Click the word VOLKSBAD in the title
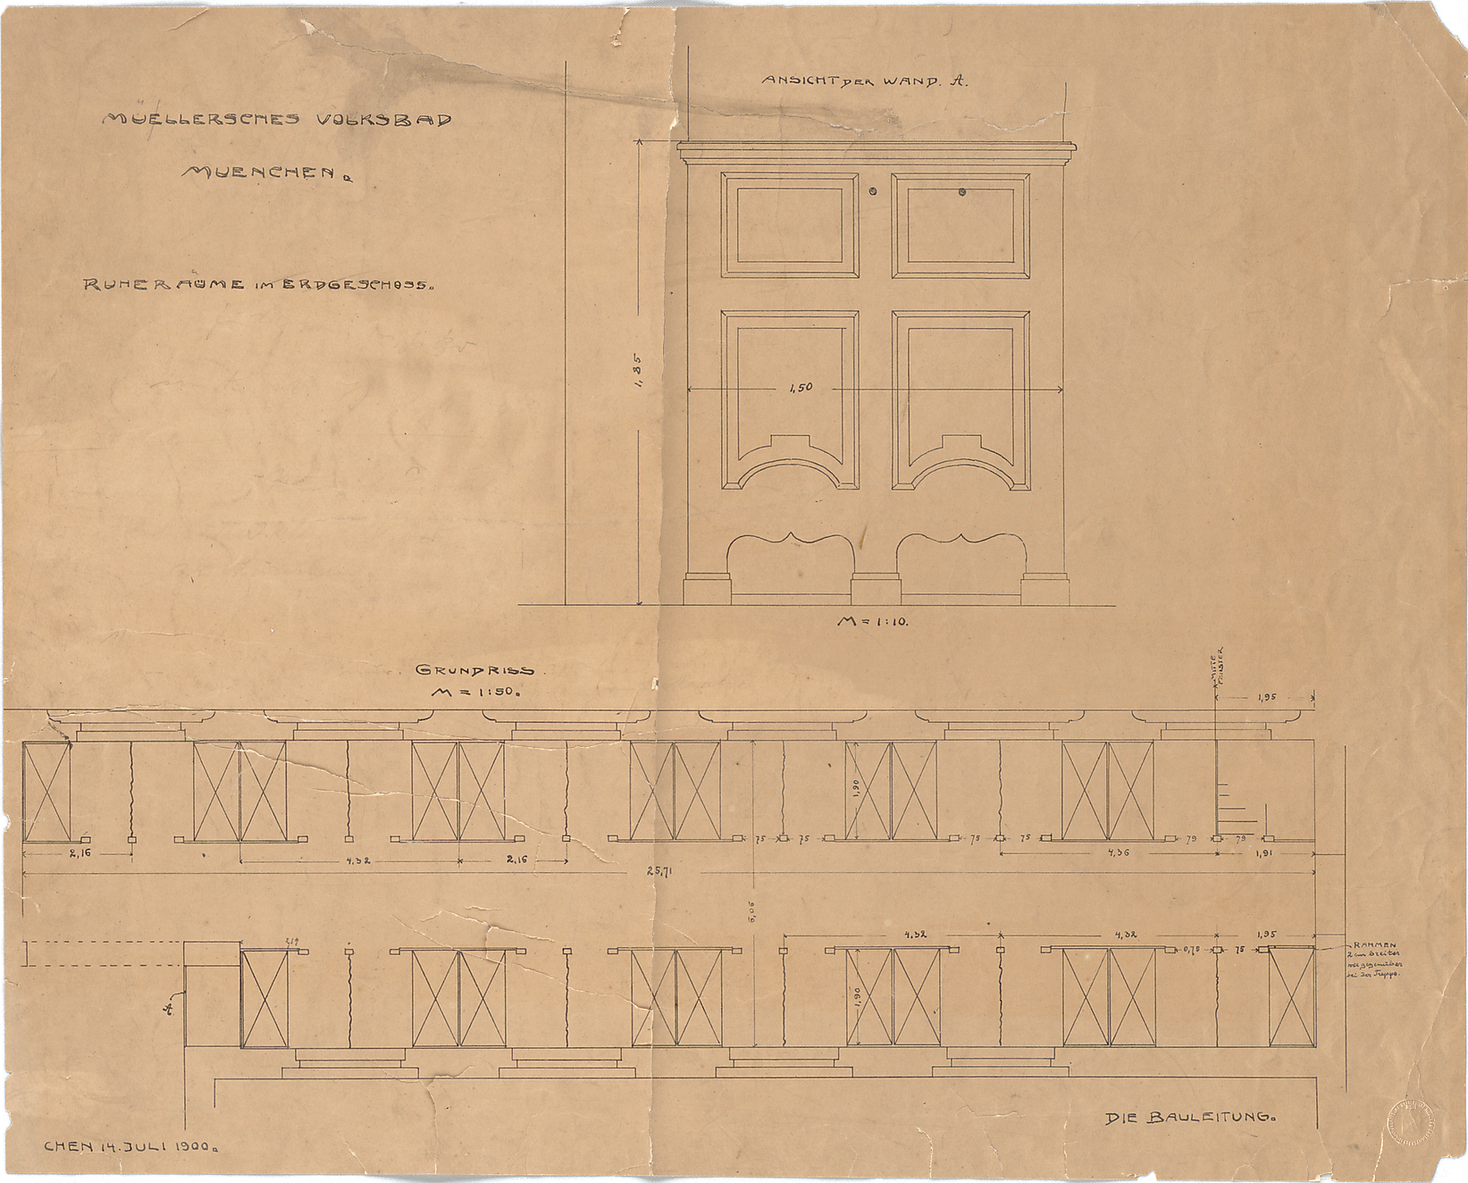[x=384, y=120]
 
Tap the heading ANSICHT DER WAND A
[x=864, y=80]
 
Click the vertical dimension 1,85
[x=637, y=370]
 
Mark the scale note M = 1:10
[x=872, y=621]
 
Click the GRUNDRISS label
[x=474, y=670]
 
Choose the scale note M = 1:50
[x=475, y=692]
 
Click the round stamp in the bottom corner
[x=1411, y=1120]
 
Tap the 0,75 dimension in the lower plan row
[x=1191, y=950]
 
